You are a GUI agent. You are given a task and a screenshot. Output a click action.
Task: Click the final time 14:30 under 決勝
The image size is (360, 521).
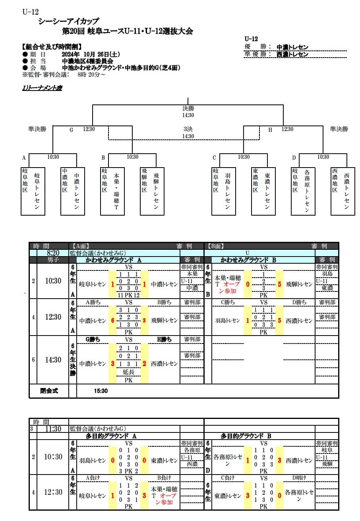pyautogui.click(x=188, y=115)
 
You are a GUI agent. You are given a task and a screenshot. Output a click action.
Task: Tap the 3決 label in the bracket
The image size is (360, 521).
pyautogui.click(x=188, y=129)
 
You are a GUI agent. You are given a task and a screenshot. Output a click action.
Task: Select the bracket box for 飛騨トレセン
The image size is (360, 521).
pyautogui.click(x=152, y=191)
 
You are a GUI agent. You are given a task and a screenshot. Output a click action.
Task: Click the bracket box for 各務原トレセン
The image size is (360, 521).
pyautogui.click(x=303, y=191)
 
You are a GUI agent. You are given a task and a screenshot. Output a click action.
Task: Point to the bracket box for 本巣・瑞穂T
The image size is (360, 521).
pyautogui.click(x=112, y=191)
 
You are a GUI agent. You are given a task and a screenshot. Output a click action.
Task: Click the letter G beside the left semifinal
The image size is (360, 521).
pyautogui.click(x=72, y=129)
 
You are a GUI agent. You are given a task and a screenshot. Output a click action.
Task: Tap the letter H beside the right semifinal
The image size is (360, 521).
pyautogui.click(x=270, y=129)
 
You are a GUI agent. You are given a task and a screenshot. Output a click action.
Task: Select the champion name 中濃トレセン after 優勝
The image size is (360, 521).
pyautogui.click(x=292, y=47)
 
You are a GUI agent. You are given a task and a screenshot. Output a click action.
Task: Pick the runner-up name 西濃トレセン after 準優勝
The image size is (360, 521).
pyautogui.click(x=292, y=54)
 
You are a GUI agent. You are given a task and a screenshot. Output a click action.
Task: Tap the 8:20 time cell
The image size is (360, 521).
pyautogui.click(x=53, y=253)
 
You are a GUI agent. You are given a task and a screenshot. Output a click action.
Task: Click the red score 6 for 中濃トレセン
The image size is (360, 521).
pyautogui.click(x=113, y=320)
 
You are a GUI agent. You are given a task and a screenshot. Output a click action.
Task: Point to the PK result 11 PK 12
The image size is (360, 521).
pyautogui.click(x=129, y=295)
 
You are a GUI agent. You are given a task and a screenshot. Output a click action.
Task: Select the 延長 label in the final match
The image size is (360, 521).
pyautogui.click(x=129, y=372)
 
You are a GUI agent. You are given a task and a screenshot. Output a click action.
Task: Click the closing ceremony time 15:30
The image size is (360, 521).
pyautogui.click(x=101, y=391)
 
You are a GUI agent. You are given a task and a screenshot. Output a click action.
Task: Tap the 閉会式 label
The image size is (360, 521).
pyautogui.click(x=49, y=391)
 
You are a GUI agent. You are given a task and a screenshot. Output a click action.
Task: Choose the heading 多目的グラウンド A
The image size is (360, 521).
pyautogui.click(x=111, y=436)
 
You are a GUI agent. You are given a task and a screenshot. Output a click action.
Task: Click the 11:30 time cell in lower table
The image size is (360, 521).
pyautogui.click(x=53, y=429)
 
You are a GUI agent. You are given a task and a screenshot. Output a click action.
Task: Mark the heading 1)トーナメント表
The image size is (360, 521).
pyautogui.click(x=42, y=88)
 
